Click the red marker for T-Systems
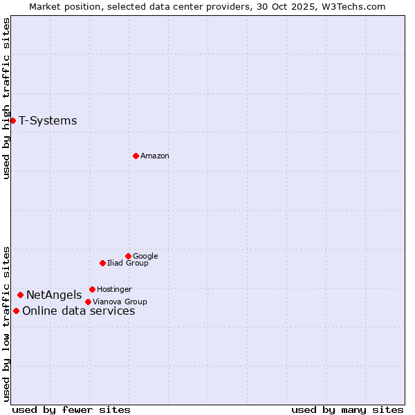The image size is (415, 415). [x=12, y=120]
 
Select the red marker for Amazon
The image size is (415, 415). [x=136, y=156]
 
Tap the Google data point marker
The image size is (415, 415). [x=128, y=256]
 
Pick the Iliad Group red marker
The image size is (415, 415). [x=102, y=263]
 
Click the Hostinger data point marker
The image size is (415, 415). [x=92, y=289]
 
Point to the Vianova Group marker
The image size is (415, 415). [x=88, y=302]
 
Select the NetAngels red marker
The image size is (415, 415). [x=20, y=295]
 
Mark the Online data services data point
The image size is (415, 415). [x=16, y=311]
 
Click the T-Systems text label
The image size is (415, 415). [x=48, y=121]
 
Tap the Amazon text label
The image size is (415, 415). [x=154, y=156]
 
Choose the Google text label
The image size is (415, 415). [x=145, y=257]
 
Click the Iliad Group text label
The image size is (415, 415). [x=128, y=264]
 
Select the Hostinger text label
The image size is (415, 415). [x=114, y=290]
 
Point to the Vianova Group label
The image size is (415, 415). [x=120, y=302]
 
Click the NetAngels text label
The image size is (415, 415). [x=54, y=295]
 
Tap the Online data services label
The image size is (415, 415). [x=78, y=311]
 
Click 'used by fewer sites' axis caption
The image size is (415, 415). [x=71, y=409]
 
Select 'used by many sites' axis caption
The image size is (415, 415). [x=347, y=409]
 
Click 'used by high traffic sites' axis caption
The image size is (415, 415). [x=6, y=98]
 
